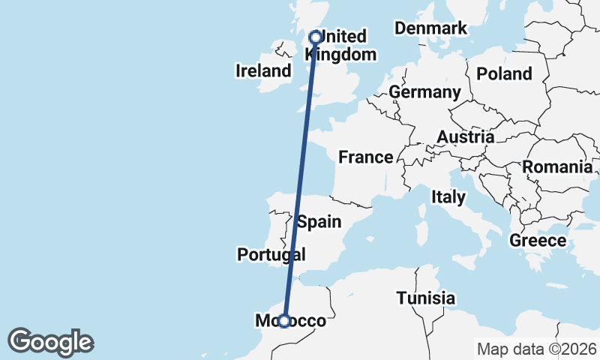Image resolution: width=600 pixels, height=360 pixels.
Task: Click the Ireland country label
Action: [263, 71]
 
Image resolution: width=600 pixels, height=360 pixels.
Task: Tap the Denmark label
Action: [430, 28]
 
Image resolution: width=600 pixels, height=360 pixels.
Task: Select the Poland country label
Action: [504, 73]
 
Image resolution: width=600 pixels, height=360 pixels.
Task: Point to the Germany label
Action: [424, 92]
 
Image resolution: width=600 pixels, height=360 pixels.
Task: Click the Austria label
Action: [466, 137]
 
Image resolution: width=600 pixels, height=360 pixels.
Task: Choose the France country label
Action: [366, 157]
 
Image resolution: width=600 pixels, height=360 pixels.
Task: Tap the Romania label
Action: [557, 167]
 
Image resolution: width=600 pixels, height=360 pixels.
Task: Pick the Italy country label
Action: [448, 197]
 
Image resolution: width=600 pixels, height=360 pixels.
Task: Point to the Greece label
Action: [537, 241]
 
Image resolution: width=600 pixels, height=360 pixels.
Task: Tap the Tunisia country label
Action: [426, 298]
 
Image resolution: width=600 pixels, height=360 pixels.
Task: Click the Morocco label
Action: [291, 321]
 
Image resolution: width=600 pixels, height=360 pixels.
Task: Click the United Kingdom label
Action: [341, 46]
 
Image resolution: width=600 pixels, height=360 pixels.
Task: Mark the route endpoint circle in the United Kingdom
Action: [316, 36]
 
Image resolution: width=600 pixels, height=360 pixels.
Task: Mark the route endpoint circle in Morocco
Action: [284, 321]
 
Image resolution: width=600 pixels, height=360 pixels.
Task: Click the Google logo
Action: [50, 342]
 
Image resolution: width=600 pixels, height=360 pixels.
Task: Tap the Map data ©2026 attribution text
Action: [537, 349]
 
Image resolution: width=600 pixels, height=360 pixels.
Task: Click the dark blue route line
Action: [300, 180]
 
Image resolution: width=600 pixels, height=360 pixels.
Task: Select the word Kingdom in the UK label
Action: [341, 55]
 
